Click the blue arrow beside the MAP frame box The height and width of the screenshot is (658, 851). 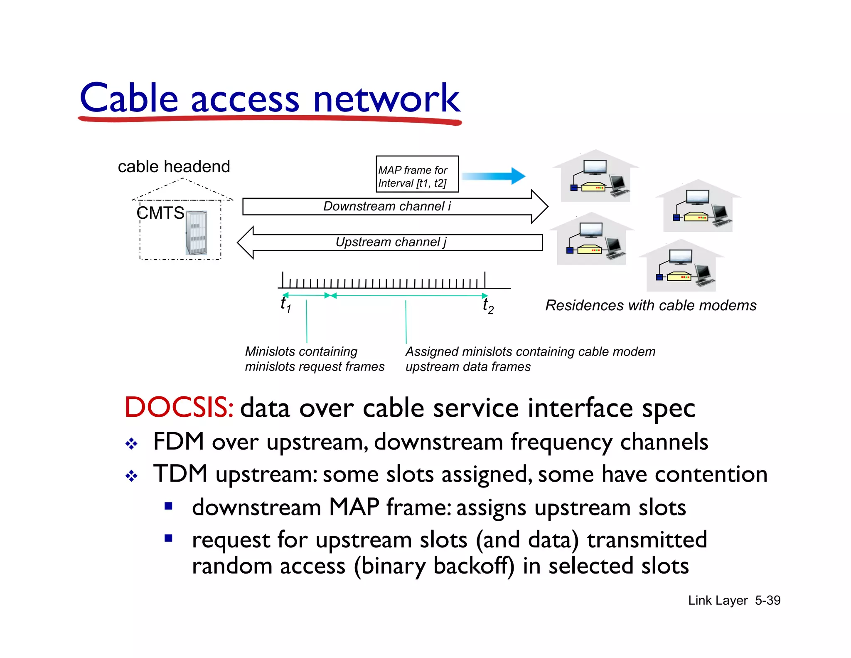494,176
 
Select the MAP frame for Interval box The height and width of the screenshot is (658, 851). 417,174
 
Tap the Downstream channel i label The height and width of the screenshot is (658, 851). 386,206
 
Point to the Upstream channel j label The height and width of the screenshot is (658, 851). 391,242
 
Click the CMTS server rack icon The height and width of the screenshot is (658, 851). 196,233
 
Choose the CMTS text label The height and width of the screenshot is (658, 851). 160,213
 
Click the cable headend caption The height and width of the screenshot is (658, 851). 174,167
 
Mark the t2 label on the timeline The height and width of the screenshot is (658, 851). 488,306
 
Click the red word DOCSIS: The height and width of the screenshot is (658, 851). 179,407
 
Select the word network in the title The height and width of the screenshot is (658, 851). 386,99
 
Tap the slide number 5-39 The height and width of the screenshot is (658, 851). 767,600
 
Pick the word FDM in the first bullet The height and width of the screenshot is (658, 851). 178,441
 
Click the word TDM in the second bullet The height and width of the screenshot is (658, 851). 180,474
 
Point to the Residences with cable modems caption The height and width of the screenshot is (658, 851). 651,305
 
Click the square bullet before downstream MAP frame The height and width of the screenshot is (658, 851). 168,506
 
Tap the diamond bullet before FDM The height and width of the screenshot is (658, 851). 131,443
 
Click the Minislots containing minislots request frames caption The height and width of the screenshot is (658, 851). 315,359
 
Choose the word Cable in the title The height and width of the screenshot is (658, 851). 129,99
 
